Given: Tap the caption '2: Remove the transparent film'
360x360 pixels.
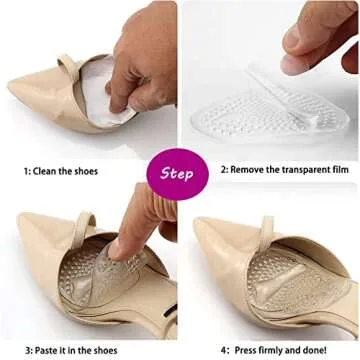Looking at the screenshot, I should pos(280,171).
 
